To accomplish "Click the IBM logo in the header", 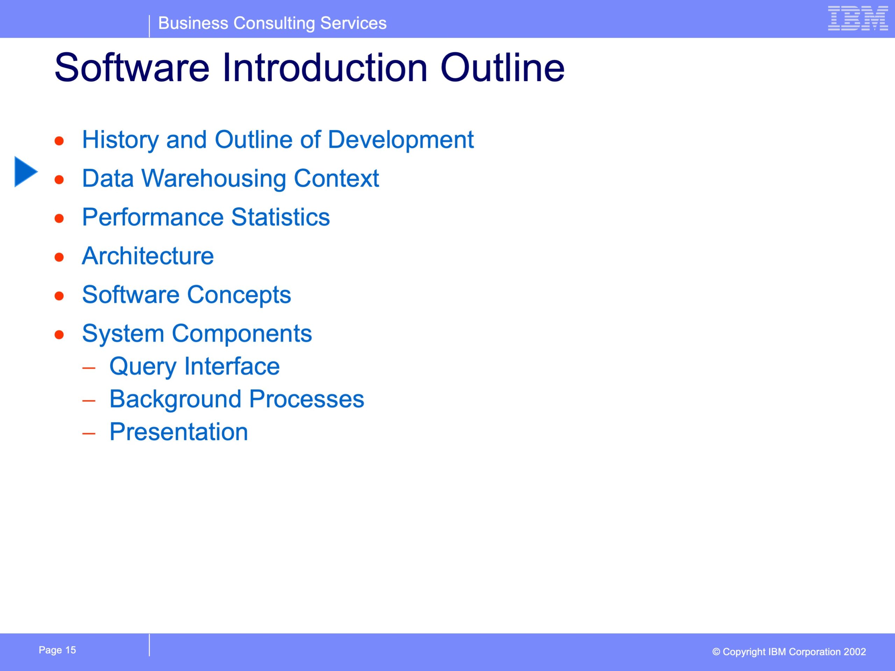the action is (858, 18).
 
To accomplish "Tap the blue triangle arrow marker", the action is (26, 172).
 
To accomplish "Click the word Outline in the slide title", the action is (502, 67).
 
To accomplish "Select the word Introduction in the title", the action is (325, 67).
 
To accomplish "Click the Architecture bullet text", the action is (148, 256).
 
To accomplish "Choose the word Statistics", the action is (280, 217).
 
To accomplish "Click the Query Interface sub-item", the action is (194, 367).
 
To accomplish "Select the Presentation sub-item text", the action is (178, 432).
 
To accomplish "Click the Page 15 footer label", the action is (57, 650).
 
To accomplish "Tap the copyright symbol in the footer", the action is (716, 652).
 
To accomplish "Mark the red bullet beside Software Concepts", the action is (59, 296).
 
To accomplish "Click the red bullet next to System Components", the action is (59, 335).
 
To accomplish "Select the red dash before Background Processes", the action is (88, 401).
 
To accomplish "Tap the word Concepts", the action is (239, 295).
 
